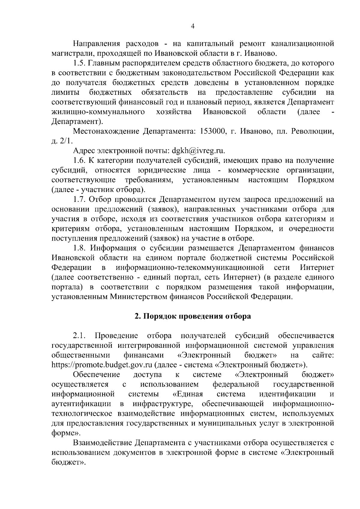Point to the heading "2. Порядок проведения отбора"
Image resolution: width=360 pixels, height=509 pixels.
pos(193,316)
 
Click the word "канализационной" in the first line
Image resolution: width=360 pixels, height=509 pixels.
pos(303,44)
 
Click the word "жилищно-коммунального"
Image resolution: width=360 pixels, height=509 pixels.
pos(97,112)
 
